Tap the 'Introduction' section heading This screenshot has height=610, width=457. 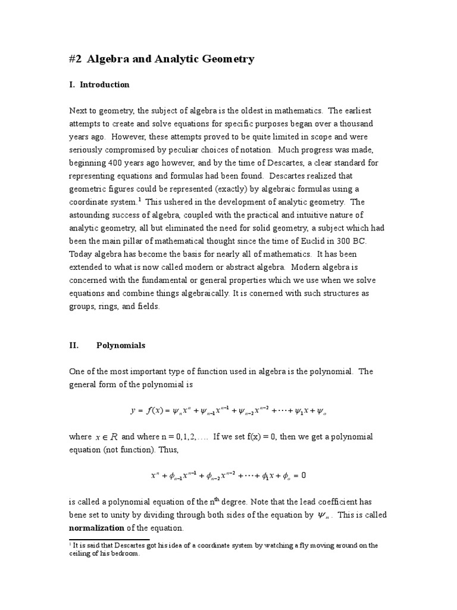point(104,85)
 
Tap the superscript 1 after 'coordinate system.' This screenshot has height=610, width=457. point(139,200)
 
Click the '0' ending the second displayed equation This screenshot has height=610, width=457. point(303,475)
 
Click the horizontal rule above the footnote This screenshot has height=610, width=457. point(109,539)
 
